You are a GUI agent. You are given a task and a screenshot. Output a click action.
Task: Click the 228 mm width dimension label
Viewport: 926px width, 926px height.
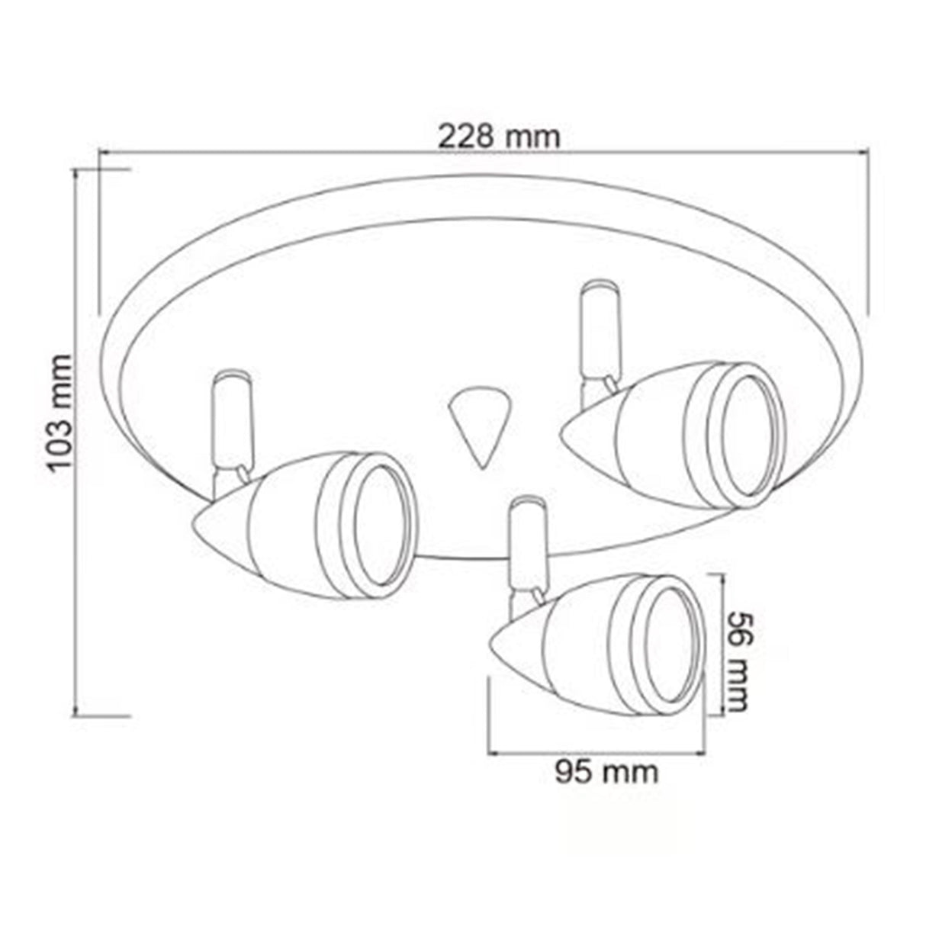pos(499,137)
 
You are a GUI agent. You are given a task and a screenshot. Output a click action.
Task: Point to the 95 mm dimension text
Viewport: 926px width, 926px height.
pos(606,772)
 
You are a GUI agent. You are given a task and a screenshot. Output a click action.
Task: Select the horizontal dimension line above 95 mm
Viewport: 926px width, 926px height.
pos(595,754)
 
